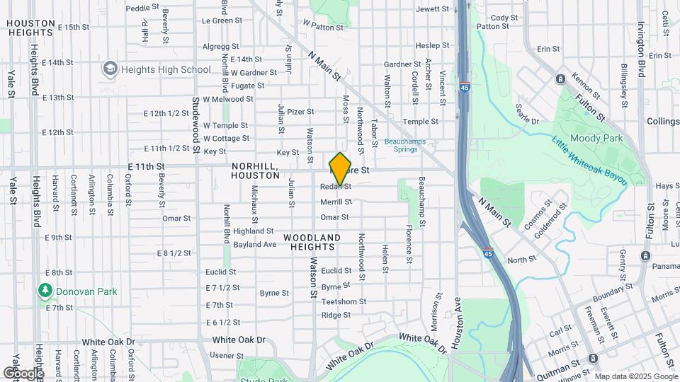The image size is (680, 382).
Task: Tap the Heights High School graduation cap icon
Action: tap(110, 69)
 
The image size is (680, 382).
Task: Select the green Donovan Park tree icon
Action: tap(45, 291)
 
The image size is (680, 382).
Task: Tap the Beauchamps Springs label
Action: tap(405, 145)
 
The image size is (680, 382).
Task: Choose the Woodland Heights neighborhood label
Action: tap(312, 242)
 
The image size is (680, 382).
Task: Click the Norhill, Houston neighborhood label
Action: tap(255, 170)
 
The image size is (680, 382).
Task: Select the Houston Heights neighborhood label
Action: tap(31, 28)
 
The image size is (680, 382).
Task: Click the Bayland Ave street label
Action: tap(255, 245)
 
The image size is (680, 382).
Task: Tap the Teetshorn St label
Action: tap(344, 301)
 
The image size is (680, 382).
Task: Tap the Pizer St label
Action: tap(300, 112)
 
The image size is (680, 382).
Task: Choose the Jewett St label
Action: tap(433, 9)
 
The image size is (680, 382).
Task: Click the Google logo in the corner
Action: tap(23, 373)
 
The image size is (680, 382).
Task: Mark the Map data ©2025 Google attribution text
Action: tap(635, 376)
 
